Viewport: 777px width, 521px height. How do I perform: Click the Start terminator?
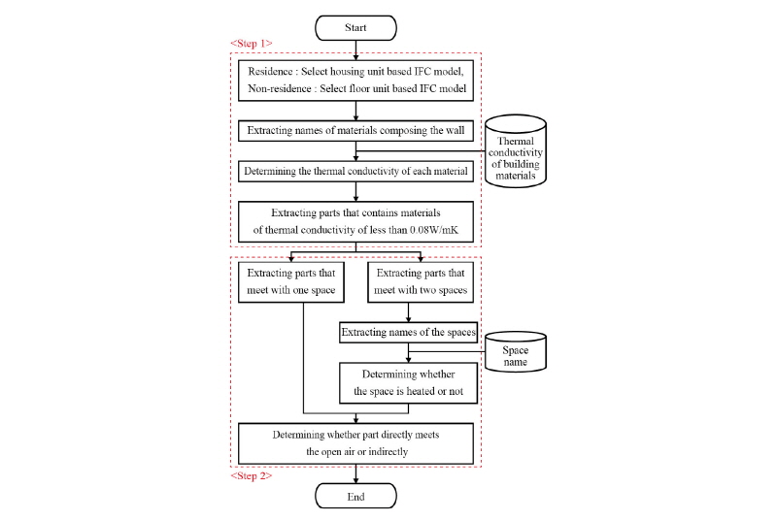[x=355, y=28]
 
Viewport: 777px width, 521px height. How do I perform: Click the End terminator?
[x=355, y=497]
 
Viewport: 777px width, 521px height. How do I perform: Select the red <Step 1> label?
[x=252, y=44]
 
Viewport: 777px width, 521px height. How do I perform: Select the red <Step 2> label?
[x=252, y=476]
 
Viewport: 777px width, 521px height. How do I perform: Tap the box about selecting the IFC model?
[x=355, y=81]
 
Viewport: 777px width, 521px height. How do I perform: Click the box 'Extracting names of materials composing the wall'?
[x=355, y=131]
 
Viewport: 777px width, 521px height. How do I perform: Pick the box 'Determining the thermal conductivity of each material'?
[x=355, y=171]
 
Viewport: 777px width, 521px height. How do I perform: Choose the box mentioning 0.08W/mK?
[x=355, y=221]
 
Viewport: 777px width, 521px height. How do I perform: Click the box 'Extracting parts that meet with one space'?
[x=290, y=282]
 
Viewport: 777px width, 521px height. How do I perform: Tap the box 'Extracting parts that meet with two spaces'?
[x=421, y=282]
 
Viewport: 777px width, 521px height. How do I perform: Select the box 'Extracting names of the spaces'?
[x=408, y=333]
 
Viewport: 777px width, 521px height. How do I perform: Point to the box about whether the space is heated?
[x=408, y=383]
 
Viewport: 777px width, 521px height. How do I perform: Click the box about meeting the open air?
[x=355, y=443]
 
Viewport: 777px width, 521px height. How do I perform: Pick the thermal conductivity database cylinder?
[x=516, y=151]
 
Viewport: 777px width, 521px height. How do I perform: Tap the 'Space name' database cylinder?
[x=516, y=352]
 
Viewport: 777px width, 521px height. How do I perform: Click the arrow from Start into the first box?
[x=355, y=50]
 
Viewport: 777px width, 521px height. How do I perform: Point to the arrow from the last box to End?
[x=355, y=473]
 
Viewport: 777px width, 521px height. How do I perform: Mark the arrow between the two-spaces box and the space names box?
[x=408, y=312]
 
